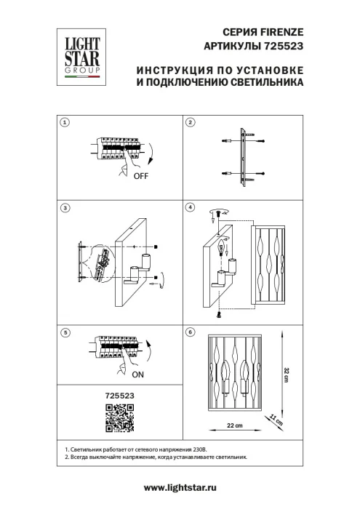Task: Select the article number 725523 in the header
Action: coord(284,45)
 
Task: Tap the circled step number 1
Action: coord(65,122)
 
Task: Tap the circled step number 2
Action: coord(191,122)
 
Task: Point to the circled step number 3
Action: coord(65,207)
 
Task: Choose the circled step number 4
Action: coord(191,207)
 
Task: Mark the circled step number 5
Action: coord(65,332)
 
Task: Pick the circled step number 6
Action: coord(191,332)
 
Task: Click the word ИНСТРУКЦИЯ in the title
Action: coord(169,71)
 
